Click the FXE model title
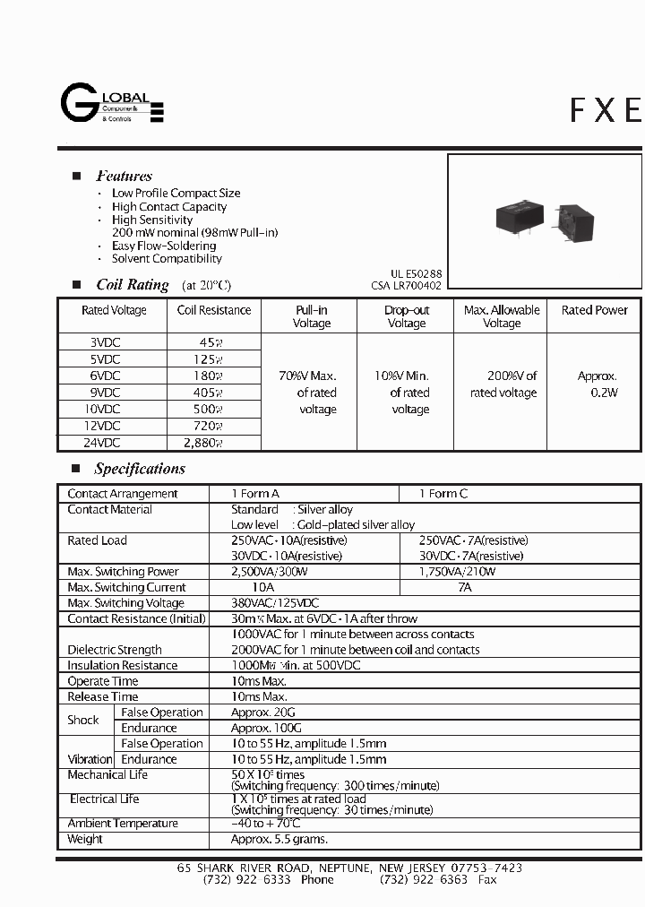point(606,109)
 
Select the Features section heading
point(124,177)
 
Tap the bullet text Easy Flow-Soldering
point(163,246)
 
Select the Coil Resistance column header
point(214,310)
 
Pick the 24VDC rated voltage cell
point(105,443)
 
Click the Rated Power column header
point(595,310)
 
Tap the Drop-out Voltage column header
point(407,316)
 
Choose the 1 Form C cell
point(443,494)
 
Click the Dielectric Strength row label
point(115,650)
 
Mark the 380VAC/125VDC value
point(275,603)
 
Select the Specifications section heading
point(140,469)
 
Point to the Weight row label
point(85,839)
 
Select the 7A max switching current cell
point(464,587)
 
